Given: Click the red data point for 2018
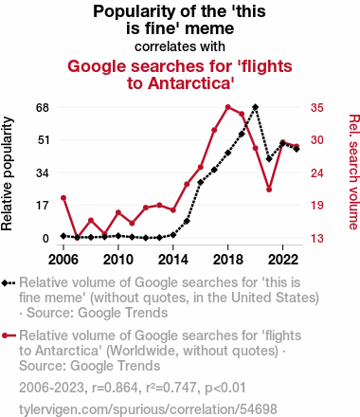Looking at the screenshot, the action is coord(228,107).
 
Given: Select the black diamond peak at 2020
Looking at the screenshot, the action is coord(256,107).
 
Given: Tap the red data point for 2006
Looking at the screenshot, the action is coord(63,198).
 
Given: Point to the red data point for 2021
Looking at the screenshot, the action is coord(269,190).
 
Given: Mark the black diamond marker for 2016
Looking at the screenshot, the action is coord(201,182).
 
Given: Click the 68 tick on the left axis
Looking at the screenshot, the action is coord(43,108).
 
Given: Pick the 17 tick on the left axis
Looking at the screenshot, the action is coord(43,206).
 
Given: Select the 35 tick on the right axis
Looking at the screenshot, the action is coord(317,108).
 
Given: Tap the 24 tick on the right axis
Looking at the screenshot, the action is coord(317,173).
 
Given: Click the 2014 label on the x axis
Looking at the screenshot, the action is coord(173,260).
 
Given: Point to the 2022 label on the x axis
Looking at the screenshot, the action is coord(283,260).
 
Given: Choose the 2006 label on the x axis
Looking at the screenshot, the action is coord(63,260).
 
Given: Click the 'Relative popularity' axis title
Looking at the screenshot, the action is coord(7,173).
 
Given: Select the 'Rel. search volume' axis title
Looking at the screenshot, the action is coord(353,172).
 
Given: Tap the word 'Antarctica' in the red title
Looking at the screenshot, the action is coord(191,83).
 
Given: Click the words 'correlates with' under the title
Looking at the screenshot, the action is coord(180,46).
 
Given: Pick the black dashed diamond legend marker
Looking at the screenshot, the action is coord(9,282).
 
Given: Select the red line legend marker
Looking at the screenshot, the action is coord(9,335).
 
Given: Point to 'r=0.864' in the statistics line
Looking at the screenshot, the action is coord(115,388).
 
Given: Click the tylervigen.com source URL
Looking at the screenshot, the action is coord(148,409).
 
